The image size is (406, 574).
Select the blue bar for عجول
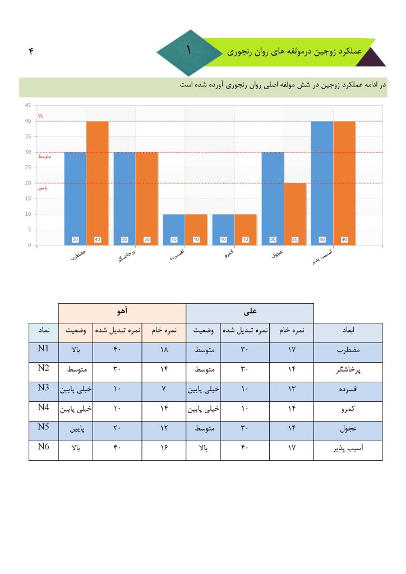pyautogui.click(x=273, y=198)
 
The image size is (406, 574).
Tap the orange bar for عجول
pyautogui.click(x=295, y=214)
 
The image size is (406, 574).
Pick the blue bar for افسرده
pyautogui.click(x=174, y=229)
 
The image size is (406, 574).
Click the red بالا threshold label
pyautogui.click(x=40, y=116)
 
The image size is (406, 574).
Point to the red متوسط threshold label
pyautogui.click(x=44, y=156)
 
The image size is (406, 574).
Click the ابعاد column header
pyautogui.click(x=348, y=331)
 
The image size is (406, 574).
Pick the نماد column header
pyautogui.click(x=44, y=331)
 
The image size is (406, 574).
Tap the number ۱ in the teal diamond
pyautogui.click(x=188, y=50)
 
